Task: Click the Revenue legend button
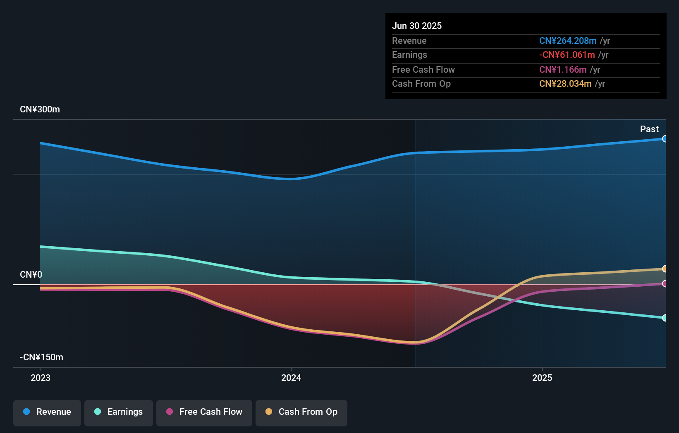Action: point(47,412)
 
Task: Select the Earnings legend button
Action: point(119,412)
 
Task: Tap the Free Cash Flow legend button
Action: point(204,412)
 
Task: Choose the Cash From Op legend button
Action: point(301,412)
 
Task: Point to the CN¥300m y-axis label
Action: point(40,109)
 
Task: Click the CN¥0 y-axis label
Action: point(31,275)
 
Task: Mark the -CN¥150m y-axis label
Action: point(41,357)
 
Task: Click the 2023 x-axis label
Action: point(41,378)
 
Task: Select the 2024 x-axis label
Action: point(291,378)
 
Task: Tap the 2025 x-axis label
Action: point(542,378)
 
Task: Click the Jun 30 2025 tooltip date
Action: point(417,26)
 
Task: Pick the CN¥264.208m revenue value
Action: point(568,41)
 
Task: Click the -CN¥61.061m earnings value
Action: point(567,55)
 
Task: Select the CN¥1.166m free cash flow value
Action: point(563,70)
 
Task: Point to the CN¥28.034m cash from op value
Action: point(565,84)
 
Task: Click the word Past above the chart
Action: point(649,129)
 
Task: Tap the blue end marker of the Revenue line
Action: point(665,139)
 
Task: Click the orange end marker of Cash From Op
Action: point(665,269)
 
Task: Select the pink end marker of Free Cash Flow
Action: point(665,284)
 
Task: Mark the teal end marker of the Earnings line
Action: point(665,318)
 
